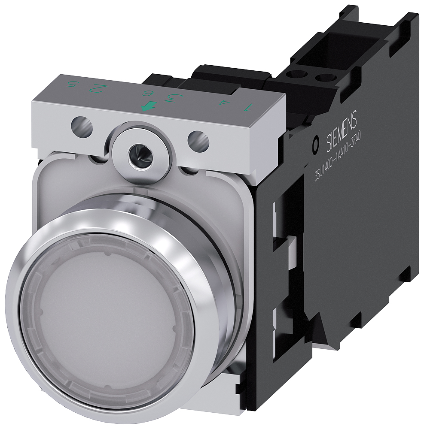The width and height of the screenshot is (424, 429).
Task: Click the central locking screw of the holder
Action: click(x=140, y=151)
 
